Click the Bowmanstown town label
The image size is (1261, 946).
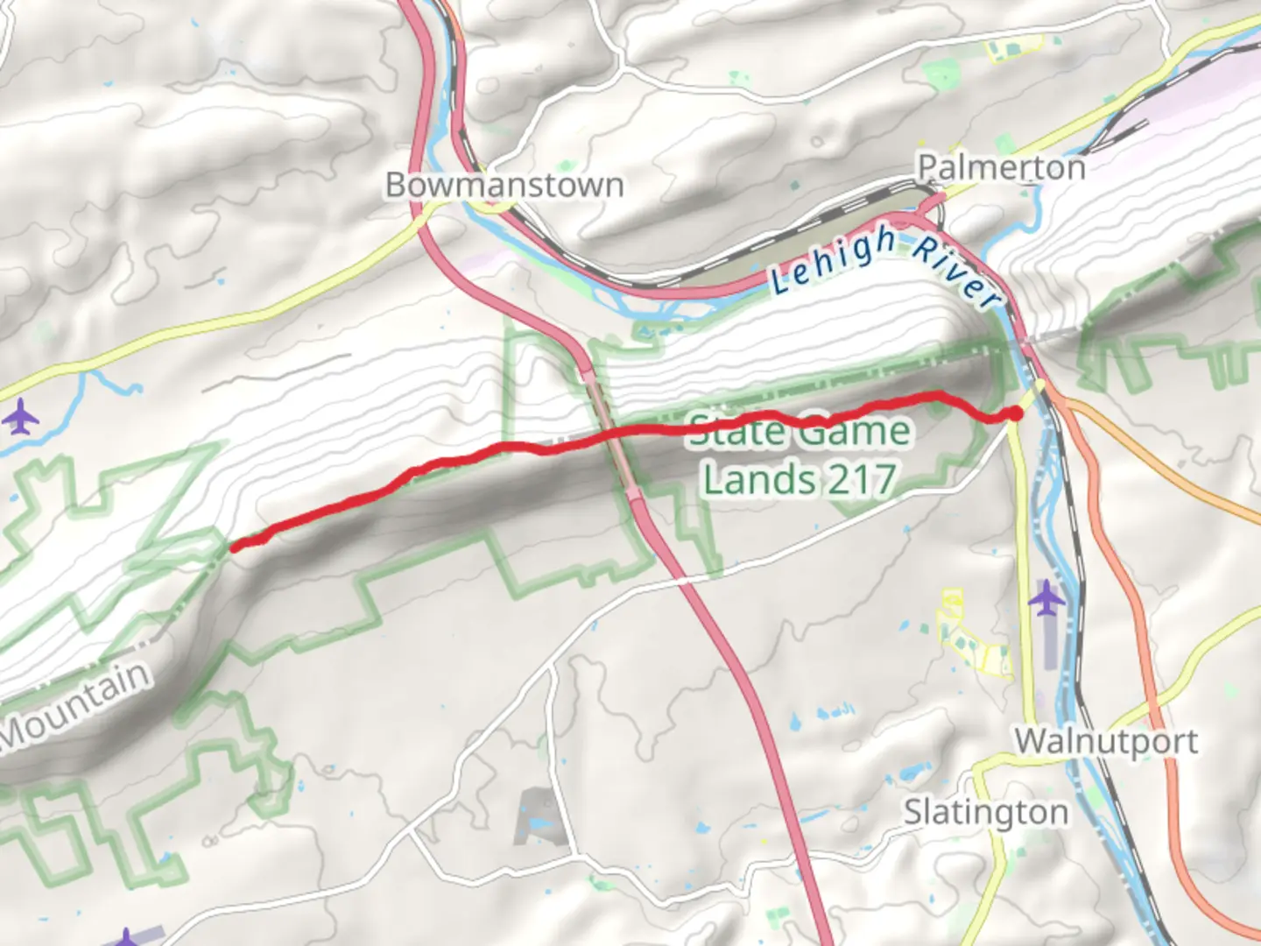coord(504,185)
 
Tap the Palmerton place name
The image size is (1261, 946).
coord(1001,166)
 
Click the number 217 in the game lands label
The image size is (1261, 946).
coord(862,479)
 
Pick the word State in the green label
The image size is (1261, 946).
coord(736,430)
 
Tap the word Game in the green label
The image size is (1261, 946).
coord(854,431)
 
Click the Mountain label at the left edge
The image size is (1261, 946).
coord(75,705)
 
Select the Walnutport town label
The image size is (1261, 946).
coord(1106,741)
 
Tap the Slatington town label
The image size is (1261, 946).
coord(985,812)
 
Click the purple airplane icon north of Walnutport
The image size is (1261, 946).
coord(1046,601)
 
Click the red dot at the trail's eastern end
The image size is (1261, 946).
coord(1015,413)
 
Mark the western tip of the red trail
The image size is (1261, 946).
coord(233,547)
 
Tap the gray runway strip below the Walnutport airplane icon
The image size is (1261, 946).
coord(1048,644)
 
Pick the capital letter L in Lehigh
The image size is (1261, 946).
coord(778,281)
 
